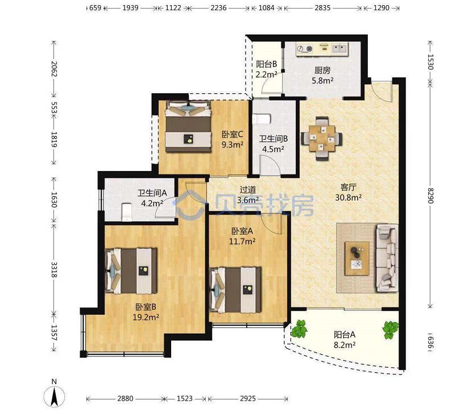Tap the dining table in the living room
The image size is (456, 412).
point(322,139)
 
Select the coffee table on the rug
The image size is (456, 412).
point(357,258)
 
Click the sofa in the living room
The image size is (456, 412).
point(387,257)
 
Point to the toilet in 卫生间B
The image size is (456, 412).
point(262,119)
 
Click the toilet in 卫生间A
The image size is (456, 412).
point(127,211)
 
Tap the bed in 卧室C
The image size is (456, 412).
point(188,126)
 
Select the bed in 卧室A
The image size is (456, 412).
point(235,290)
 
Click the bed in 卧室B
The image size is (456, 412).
point(131,271)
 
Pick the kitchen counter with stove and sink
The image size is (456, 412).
point(322,48)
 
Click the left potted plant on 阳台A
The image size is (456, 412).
point(299,328)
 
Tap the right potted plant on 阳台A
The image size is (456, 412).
point(390,330)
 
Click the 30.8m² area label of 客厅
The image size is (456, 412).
point(349,198)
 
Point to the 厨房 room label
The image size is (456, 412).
point(322,70)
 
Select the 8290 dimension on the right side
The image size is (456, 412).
point(431,195)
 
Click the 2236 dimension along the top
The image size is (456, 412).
point(218,8)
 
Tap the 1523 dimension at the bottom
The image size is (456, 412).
point(185,398)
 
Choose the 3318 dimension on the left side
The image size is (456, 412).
point(54,269)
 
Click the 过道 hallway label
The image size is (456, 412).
point(248,190)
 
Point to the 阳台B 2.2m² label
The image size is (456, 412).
point(266,69)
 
